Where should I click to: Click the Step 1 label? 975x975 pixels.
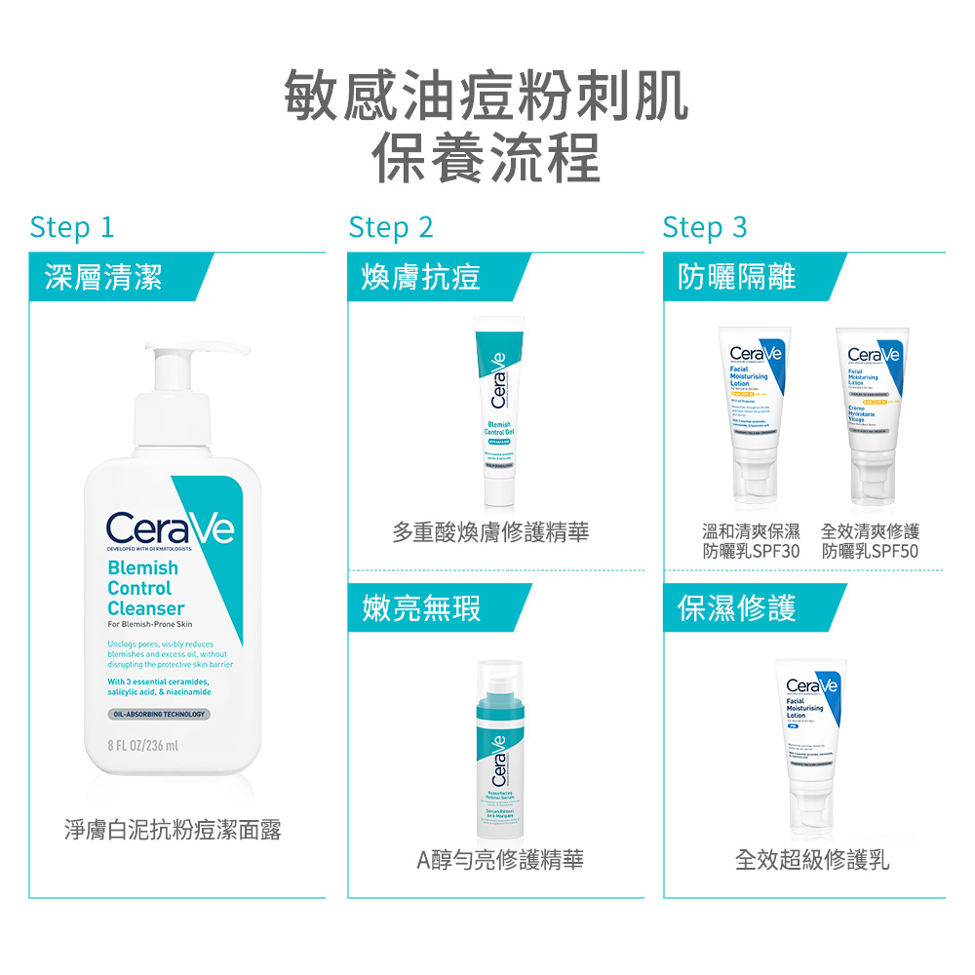click(72, 227)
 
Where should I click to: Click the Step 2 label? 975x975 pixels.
click(390, 227)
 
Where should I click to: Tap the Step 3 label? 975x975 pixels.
click(704, 227)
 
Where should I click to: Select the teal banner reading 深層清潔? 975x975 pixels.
click(107, 277)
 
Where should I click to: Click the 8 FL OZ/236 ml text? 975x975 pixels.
click(143, 747)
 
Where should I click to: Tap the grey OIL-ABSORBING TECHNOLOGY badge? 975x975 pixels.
click(159, 715)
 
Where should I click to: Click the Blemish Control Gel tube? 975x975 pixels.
click(498, 409)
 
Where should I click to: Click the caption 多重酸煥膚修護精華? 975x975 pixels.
click(490, 532)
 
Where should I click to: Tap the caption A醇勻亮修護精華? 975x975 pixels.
click(500, 860)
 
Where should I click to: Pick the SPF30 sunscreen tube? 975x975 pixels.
click(754, 409)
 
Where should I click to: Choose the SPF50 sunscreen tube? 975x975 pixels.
click(872, 409)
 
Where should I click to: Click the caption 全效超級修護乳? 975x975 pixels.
click(812, 860)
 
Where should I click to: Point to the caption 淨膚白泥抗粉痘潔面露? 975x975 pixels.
click(173, 831)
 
